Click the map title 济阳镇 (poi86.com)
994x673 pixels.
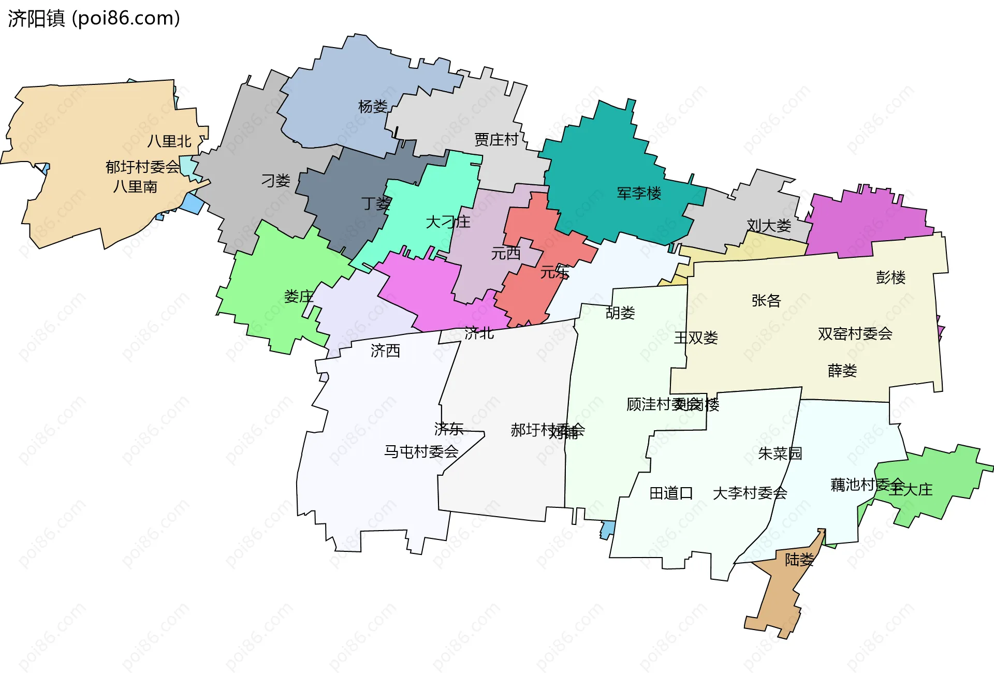94,19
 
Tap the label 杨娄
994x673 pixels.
373,107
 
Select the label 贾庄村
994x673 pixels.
496,140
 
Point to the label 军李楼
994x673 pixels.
639,194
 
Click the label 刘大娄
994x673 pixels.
769,226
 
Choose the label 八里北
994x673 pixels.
169,141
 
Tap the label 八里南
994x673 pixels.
135,186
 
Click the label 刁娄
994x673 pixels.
276,181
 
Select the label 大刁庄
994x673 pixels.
448,222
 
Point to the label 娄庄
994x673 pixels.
299,297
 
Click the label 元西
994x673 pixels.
506,254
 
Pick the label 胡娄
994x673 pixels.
620,313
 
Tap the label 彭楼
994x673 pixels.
890,277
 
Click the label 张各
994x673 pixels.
766,300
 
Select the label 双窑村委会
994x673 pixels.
855,334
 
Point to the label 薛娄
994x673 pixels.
842,371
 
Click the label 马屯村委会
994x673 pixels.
421,452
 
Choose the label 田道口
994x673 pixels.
671,493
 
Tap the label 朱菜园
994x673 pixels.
780,453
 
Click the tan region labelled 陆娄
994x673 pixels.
777,595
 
